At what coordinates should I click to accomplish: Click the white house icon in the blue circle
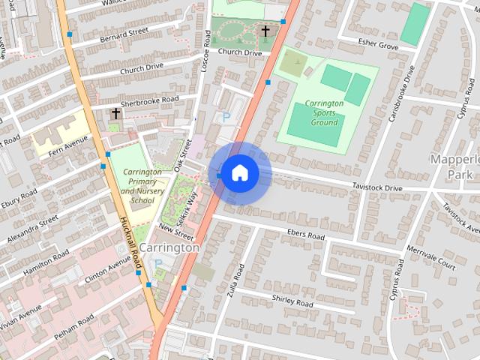coord(238,173)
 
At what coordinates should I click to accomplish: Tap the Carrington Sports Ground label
coord(325,112)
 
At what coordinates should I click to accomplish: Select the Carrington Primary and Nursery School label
coord(142,186)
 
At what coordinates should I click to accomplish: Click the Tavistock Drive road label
coord(377,187)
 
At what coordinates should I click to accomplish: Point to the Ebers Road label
coord(306,235)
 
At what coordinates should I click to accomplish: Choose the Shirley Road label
coord(293,301)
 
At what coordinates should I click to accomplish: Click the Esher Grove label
coord(379,44)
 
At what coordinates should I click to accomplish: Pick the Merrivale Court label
coord(430,256)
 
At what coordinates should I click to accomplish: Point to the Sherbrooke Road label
coord(150,100)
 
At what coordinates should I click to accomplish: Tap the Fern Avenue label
coord(67,137)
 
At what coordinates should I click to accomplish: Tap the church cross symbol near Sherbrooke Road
coord(115,113)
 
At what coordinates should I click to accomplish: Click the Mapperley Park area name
coord(454,166)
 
